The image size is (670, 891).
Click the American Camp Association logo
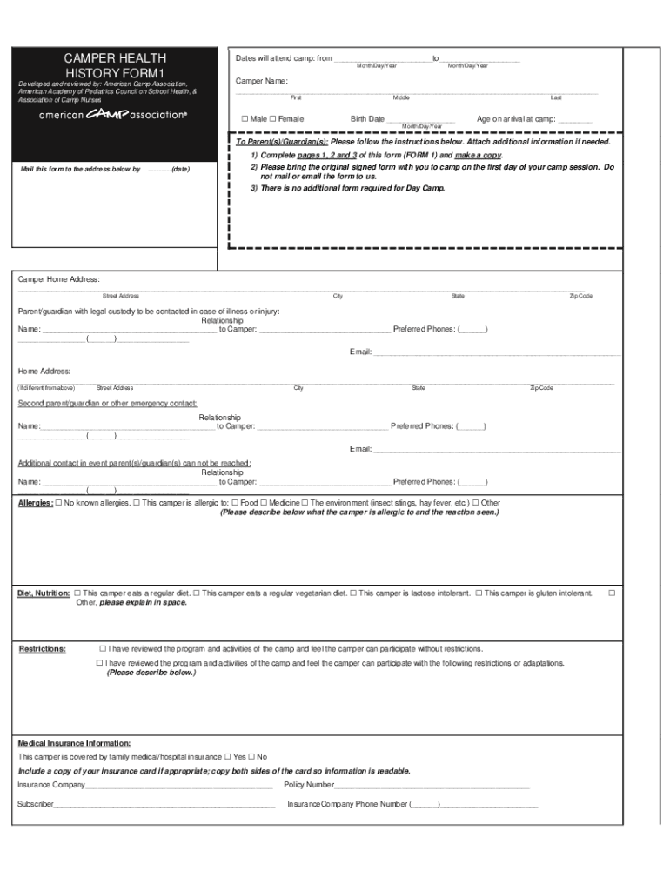[113, 115]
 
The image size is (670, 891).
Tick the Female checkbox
[272, 118]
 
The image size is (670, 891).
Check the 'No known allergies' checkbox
[58, 503]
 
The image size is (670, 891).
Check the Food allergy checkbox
[236, 503]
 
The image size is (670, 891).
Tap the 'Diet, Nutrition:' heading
[44, 593]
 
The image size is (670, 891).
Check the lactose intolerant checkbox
[354, 593]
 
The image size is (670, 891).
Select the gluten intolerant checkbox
[479, 593]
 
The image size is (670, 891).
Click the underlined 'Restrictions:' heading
[43, 649]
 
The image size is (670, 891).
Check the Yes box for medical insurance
[228, 757]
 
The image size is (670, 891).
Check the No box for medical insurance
[251, 757]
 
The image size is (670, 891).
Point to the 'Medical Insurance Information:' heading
[75, 743]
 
